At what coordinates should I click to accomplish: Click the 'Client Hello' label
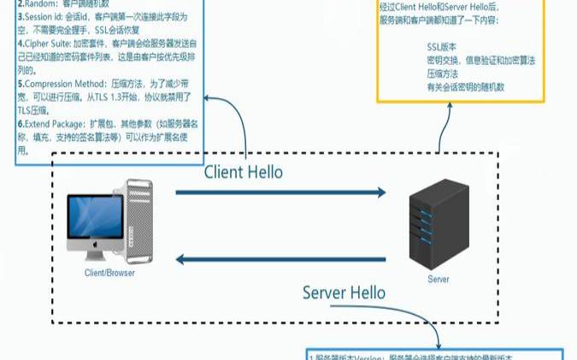tap(243, 171)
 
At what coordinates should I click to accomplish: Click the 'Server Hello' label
tap(344, 293)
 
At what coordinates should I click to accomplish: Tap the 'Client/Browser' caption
tap(109, 273)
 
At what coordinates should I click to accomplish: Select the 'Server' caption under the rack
tap(439, 280)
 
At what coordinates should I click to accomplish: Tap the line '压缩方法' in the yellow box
tap(445, 74)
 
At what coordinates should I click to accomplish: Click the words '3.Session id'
tap(44, 16)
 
